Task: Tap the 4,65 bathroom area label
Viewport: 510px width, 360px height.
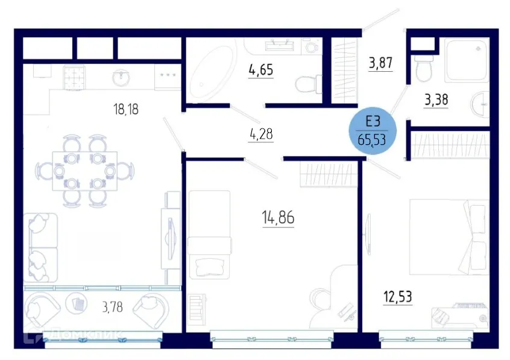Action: coord(260,69)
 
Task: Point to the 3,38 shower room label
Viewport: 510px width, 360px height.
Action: coord(436,99)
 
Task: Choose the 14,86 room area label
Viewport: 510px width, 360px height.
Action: coord(278,218)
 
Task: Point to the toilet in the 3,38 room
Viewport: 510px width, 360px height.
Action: coord(423,68)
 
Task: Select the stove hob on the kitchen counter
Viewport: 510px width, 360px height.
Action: coord(77,77)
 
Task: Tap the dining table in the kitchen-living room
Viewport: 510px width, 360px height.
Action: coord(84,171)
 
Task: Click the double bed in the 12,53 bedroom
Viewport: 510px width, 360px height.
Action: coord(448,237)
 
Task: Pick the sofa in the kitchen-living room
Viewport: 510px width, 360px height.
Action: coord(41,247)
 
